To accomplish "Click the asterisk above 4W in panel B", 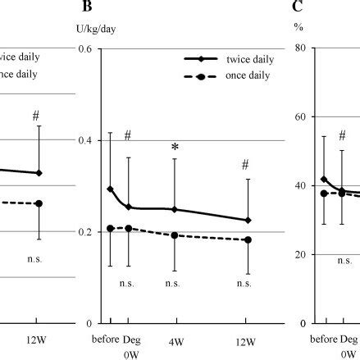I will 174,148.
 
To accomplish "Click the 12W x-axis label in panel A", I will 37,339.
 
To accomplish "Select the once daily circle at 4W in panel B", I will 174,235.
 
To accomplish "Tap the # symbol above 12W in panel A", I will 36,116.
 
